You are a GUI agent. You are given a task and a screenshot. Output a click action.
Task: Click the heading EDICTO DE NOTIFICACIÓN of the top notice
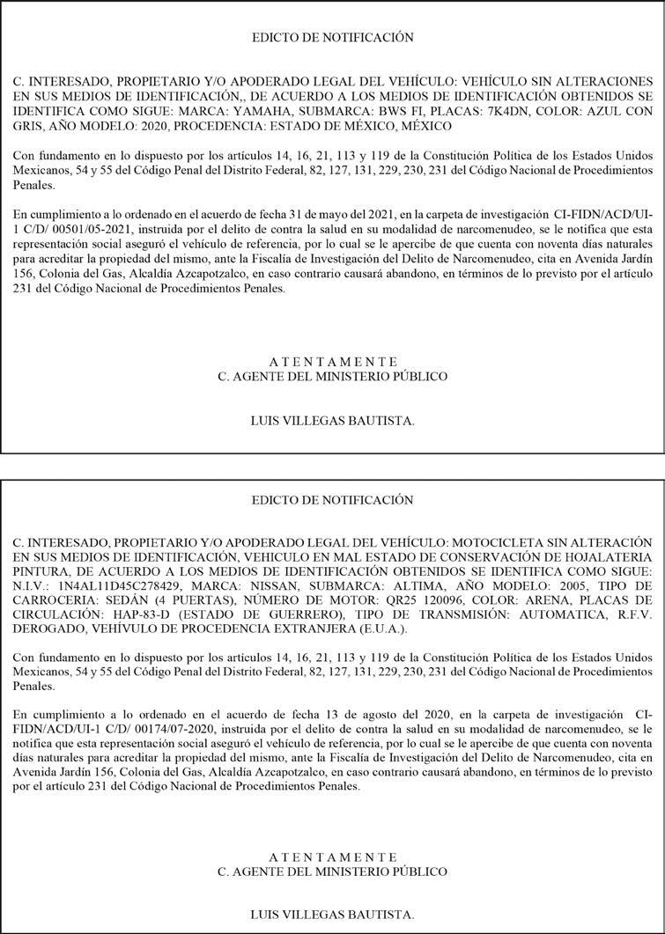pyautogui.click(x=332, y=38)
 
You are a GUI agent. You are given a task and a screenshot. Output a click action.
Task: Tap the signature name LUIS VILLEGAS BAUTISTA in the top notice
pyautogui.click(x=332, y=421)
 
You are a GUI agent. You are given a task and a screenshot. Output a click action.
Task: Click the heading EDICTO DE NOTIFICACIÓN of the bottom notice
pyautogui.click(x=332, y=500)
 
